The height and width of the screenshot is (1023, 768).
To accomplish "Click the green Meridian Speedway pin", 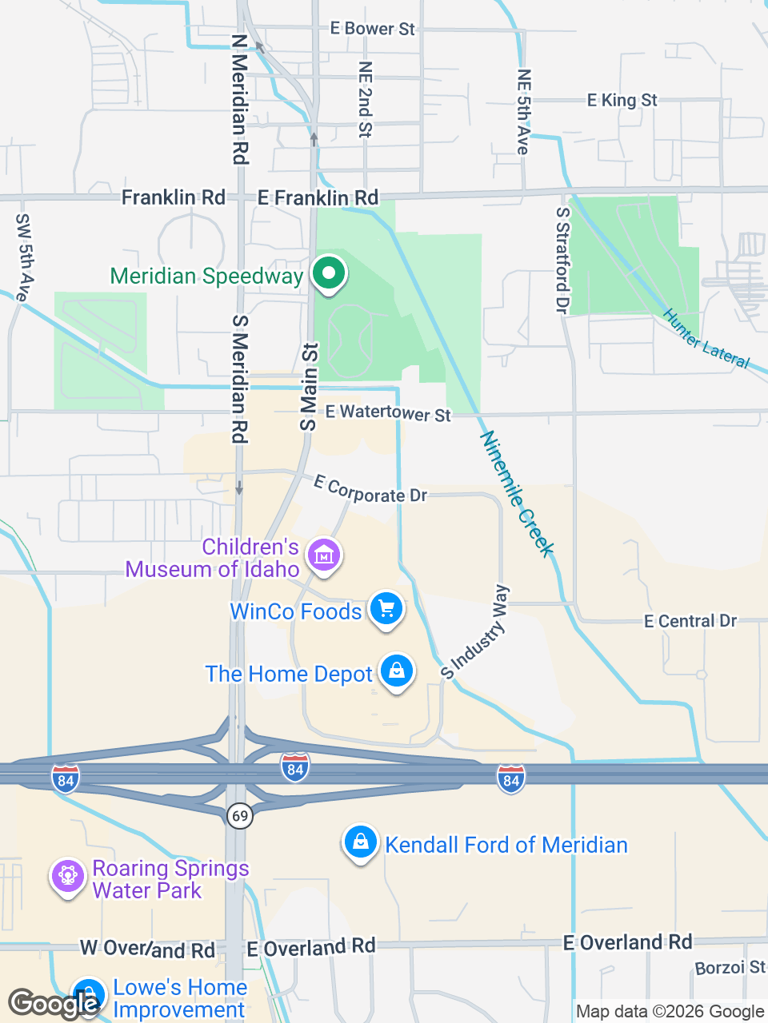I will point(328,273).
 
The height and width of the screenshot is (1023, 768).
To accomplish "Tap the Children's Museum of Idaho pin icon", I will point(323,554).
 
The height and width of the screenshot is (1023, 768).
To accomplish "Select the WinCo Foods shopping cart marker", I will point(386,609).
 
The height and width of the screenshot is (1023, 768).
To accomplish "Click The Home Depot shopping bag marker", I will point(396,671).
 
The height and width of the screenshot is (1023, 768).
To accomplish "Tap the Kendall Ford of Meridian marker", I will point(361,843).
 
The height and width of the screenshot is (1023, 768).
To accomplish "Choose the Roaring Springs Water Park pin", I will point(67,877).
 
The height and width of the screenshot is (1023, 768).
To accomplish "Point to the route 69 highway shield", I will point(239,815).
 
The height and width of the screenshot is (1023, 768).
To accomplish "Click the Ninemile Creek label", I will point(517,493).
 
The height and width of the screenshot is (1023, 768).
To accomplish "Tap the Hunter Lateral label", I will point(706,339).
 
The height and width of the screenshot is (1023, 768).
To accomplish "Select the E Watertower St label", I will point(388,412).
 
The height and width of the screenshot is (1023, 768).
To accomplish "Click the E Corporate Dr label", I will point(370,489).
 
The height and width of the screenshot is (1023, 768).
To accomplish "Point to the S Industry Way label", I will point(475,632).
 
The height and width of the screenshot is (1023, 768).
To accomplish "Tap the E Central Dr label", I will point(690,621).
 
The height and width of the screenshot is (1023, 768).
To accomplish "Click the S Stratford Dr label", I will point(563,260).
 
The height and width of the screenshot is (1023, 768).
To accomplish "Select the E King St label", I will point(622,100).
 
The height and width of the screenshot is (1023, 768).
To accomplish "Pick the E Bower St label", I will point(372,29).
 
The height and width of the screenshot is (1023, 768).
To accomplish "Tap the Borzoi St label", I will point(729,968).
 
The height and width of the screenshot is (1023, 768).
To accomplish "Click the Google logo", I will point(53,1002).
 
